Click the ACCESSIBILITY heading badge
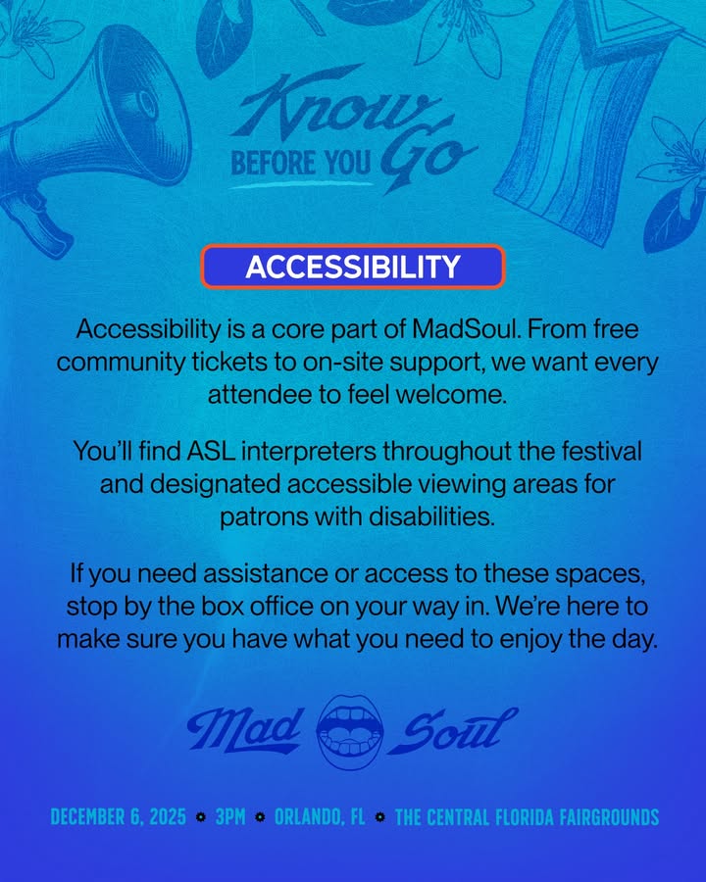click(x=352, y=267)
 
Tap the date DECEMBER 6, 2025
click(x=118, y=816)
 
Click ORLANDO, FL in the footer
click(x=320, y=816)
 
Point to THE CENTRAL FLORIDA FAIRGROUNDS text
click(x=526, y=816)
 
